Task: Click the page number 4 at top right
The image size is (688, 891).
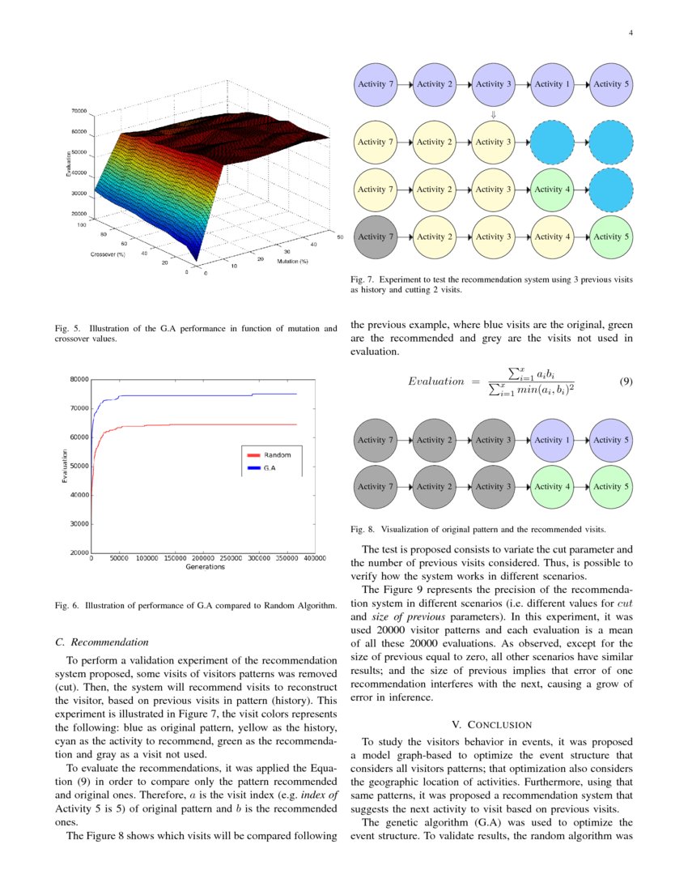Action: click(x=630, y=33)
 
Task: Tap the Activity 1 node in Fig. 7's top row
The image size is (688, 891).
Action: click(x=549, y=84)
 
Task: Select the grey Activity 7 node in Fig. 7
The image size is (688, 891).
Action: click(x=372, y=237)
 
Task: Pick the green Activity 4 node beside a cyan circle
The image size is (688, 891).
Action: click(x=549, y=190)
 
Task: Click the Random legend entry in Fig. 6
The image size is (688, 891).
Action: click(x=278, y=454)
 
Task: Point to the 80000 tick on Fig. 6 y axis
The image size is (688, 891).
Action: click(x=79, y=379)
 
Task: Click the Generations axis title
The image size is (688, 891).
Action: click(x=205, y=567)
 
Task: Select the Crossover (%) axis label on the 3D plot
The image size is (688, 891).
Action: click(x=108, y=254)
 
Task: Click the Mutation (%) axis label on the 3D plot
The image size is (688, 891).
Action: click(x=292, y=262)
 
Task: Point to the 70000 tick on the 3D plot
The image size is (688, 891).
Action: click(x=79, y=110)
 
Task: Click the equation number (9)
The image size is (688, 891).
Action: click(x=626, y=381)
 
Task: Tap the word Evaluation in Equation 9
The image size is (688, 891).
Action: click(x=436, y=382)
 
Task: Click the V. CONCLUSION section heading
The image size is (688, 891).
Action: click(x=491, y=724)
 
